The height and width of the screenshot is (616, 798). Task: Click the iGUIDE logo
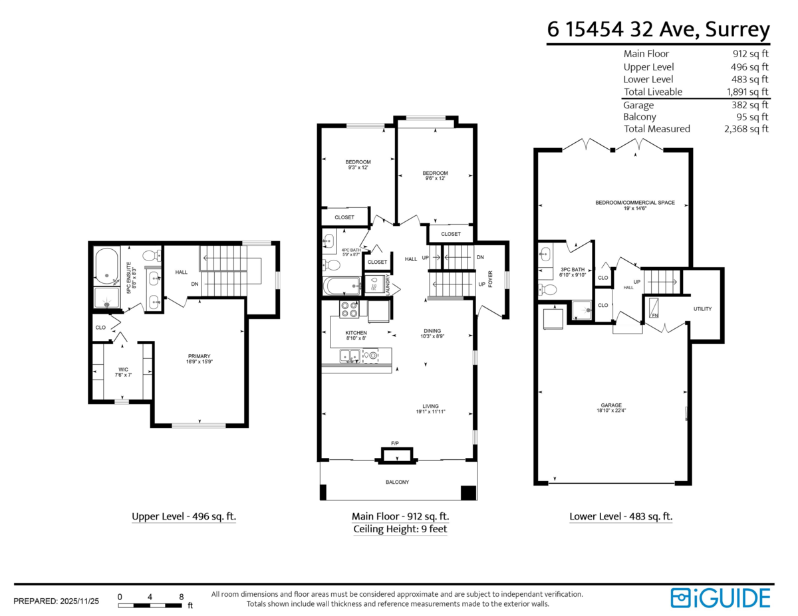[x=720, y=597]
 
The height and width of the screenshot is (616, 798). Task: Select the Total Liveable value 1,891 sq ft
[x=747, y=92]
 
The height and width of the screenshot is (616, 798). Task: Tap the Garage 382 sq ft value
[x=750, y=105]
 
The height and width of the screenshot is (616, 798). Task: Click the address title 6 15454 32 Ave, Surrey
[x=658, y=30]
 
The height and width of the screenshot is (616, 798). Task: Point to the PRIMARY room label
[x=199, y=356]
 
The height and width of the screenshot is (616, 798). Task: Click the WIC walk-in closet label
[x=122, y=369]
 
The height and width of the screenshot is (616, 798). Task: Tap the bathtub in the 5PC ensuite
[x=106, y=266]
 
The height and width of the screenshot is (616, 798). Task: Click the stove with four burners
[x=349, y=310]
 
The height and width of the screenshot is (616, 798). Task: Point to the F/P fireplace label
[x=394, y=443]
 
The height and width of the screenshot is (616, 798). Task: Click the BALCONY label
[x=398, y=482]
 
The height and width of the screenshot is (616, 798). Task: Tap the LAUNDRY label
[x=388, y=284]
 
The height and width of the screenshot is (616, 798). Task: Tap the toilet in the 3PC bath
[x=548, y=290]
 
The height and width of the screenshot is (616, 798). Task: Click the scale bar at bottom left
[x=150, y=605]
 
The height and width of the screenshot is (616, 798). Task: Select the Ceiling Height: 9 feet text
[x=400, y=530]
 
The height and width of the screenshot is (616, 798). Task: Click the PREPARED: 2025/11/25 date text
[x=57, y=601]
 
